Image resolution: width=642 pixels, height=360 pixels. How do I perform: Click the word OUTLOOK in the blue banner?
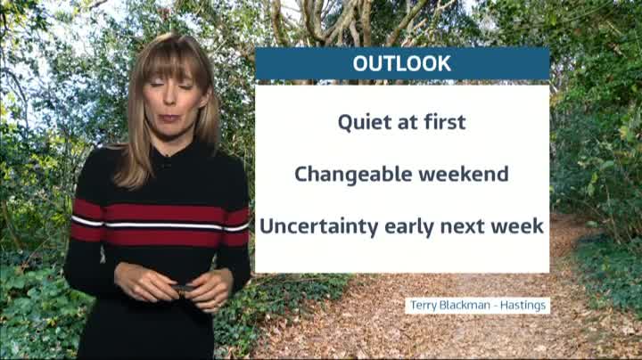[401, 63]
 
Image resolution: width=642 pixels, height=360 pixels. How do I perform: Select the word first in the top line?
[444, 121]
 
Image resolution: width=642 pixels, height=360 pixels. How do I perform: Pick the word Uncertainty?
[319, 226]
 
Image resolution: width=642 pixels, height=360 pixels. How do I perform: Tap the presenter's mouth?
[169, 119]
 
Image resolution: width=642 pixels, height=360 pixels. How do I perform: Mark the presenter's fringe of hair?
[172, 61]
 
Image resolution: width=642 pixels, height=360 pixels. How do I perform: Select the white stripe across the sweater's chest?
[160, 225]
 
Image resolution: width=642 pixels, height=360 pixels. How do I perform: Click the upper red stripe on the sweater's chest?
[160, 212]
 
